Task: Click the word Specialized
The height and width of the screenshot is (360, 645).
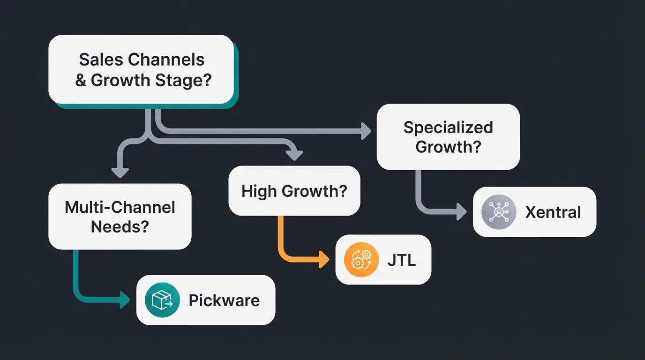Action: click(448, 127)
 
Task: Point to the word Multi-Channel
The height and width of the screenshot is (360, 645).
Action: click(120, 207)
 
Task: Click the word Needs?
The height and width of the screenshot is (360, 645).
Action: click(120, 227)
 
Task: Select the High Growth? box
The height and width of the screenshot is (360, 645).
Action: click(294, 191)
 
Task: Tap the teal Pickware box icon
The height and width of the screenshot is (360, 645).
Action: click(162, 300)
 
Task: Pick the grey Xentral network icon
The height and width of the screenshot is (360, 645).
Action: click(499, 212)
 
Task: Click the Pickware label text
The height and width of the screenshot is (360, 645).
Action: click(224, 300)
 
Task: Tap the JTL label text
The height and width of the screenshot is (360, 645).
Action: click(401, 260)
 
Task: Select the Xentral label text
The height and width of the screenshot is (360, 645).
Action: click(553, 212)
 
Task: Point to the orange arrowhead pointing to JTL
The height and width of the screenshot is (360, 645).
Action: click(324, 260)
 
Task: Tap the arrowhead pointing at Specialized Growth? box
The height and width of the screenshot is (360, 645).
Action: click(366, 131)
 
